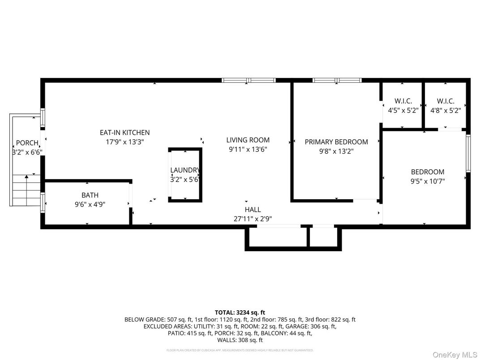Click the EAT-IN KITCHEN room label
click(124, 133)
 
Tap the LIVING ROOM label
click(248, 140)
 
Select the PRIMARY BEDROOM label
click(336, 142)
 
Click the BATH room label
click(90, 195)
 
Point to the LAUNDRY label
click(184, 170)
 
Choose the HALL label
click(253, 210)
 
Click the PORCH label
click(27, 143)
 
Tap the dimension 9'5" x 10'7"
click(428, 181)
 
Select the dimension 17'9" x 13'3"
click(124, 141)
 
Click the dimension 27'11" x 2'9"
click(253, 219)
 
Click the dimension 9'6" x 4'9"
click(90, 204)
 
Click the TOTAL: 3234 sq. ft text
click(240, 312)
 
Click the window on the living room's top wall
click(249, 81)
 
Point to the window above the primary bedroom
click(337, 81)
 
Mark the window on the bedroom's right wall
click(468, 154)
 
